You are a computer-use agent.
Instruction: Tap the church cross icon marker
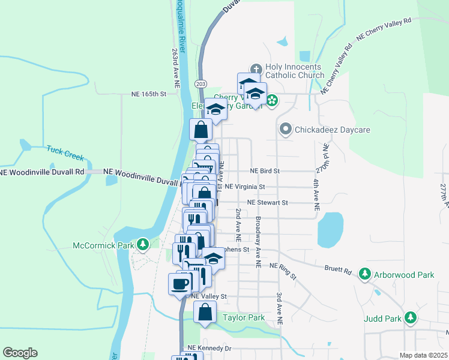pos(255,68)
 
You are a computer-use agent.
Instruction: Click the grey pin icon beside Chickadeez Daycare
pos(286,129)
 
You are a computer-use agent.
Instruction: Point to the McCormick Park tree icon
pos(143,244)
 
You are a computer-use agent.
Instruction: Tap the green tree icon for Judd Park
pos(410,317)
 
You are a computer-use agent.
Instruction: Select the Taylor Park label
pos(243,317)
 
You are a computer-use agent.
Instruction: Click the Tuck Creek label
pos(65,152)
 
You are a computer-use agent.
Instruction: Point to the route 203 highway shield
pos(201,83)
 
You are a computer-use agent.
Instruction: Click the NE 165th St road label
pos(148,94)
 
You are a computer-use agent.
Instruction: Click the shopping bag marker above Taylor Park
pos(205,311)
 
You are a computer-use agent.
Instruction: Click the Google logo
pos(20,352)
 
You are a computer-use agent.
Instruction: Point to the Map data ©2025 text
pos(423,355)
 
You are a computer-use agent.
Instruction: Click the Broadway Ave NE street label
pos(258,242)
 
